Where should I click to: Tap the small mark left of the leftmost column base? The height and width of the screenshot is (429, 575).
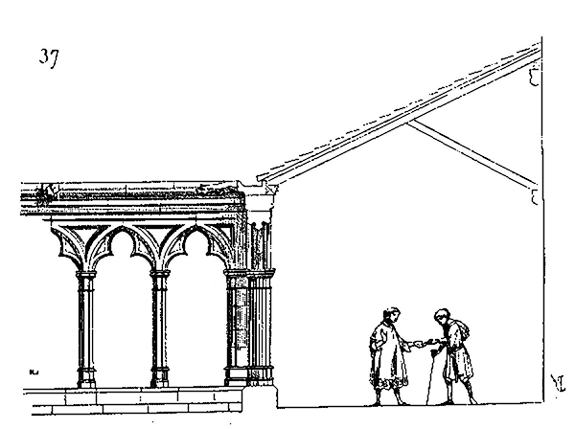[34, 371]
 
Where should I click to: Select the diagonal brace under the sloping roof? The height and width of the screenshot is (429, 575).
[470, 151]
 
